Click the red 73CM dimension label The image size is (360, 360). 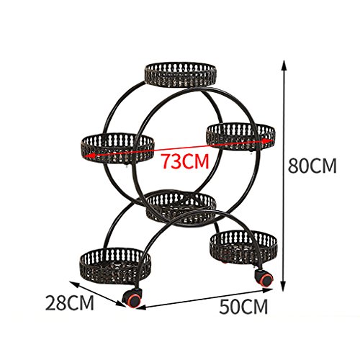click(x=184, y=161)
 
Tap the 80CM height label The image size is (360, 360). click(x=312, y=166)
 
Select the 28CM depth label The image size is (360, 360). click(x=70, y=303)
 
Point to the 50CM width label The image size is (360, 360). click(x=243, y=307)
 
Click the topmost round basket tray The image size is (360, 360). click(x=181, y=75)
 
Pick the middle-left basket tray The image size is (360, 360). click(x=117, y=148)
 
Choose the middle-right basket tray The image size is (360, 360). click(x=240, y=136)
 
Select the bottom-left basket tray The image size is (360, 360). click(x=115, y=265)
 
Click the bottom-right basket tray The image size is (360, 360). click(x=243, y=248)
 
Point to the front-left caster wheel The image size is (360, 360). click(x=132, y=298)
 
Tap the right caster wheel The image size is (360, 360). click(x=264, y=277)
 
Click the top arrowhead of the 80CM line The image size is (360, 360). click(x=284, y=66)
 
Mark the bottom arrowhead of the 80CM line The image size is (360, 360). click(x=284, y=285)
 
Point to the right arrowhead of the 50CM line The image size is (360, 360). click(x=268, y=290)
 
